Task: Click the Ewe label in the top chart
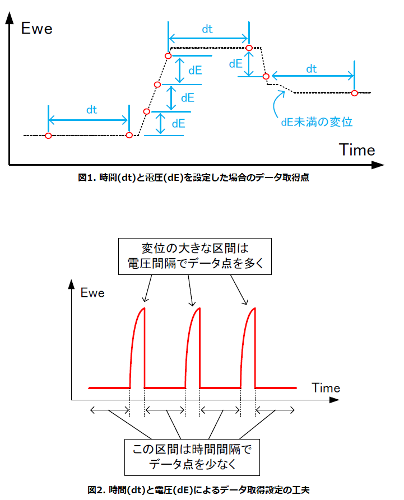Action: click(36, 29)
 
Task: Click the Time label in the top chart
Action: click(357, 150)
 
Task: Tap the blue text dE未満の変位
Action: click(317, 122)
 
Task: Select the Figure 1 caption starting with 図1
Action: click(193, 177)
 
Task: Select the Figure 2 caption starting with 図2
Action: click(198, 490)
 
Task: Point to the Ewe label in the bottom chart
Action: click(92, 293)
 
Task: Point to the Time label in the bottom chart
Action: click(326, 388)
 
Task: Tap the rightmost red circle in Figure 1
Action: click(355, 93)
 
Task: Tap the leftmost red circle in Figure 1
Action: click(49, 136)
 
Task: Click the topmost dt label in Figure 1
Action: click(207, 29)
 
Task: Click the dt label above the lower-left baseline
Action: click(91, 110)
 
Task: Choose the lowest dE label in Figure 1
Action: click(178, 124)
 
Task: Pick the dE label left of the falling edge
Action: click(236, 64)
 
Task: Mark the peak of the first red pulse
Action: click(144, 308)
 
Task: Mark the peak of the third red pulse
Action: click(254, 308)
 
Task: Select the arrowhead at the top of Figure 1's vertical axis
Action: click(10, 17)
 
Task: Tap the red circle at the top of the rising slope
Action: click(168, 56)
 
